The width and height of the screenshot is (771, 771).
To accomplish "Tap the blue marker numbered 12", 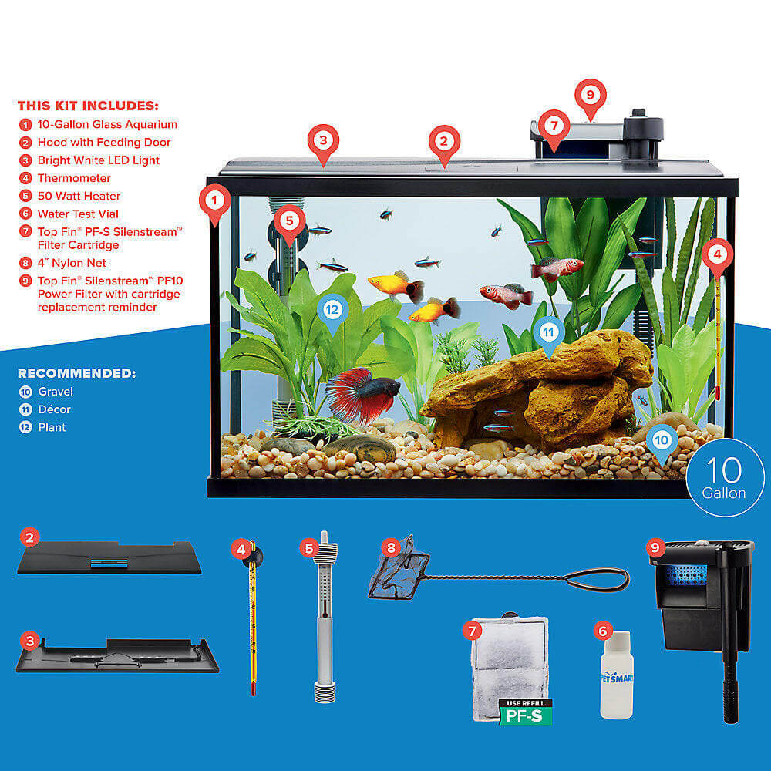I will click(332, 310).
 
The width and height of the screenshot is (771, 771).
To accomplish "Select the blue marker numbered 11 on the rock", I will click(548, 332).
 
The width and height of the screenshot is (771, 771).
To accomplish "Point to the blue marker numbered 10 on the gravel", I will click(662, 440).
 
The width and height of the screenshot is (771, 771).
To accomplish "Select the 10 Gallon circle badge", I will click(725, 477).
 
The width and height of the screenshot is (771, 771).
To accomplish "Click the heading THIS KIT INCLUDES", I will click(88, 106).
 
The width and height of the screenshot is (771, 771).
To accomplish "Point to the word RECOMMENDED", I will click(76, 373).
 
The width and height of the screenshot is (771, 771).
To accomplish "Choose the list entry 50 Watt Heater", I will click(79, 196).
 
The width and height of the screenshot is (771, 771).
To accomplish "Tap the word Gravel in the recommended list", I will click(56, 392).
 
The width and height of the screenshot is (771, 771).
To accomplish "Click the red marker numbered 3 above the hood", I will click(324, 140).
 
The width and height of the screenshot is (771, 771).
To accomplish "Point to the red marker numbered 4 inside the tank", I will click(718, 253).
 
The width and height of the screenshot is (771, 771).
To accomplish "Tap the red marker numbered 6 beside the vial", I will click(603, 631).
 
